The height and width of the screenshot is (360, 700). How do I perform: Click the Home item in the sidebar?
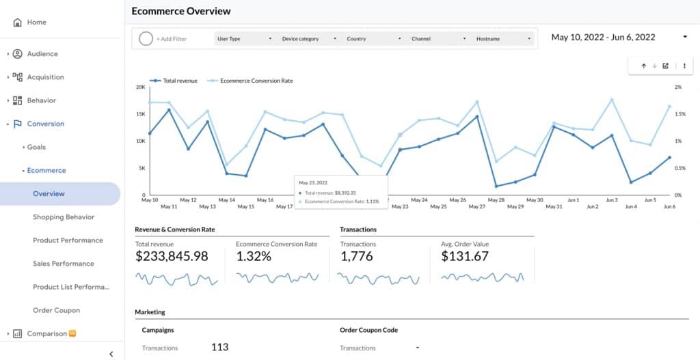pyautogui.click(x=36, y=23)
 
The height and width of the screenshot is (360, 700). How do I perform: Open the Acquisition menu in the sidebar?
pyautogui.click(x=45, y=77)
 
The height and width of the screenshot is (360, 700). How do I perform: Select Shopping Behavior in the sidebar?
pyautogui.click(x=64, y=217)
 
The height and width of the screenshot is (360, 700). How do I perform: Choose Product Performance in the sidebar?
pyautogui.click(x=68, y=240)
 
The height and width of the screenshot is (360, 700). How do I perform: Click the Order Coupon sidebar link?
pyautogui.click(x=56, y=310)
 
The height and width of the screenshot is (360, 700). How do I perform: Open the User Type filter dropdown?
pyautogui.click(x=244, y=39)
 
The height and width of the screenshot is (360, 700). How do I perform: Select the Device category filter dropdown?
pyautogui.click(x=309, y=39)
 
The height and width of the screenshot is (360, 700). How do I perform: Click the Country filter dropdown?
pyautogui.click(x=373, y=39)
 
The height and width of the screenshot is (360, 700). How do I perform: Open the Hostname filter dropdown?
pyautogui.click(x=503, y=39)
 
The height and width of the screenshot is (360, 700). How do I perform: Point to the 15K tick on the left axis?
pyautogui.click(x=139, y=114)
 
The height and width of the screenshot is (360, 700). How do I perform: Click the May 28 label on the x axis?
pyautogui.click(x=496, y=200)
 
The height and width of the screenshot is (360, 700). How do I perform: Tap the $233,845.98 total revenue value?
pyautogui.click(x=172, y=257)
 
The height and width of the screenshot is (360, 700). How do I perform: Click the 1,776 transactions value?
pyautogui.click(x=356, y=257)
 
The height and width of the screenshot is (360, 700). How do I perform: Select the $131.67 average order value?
pyautogui.click(x=466, y=257)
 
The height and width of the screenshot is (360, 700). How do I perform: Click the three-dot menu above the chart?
pyautogui.click(x=684, y=66)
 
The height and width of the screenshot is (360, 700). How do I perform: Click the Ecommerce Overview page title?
pyautogui.click(x=181, y=11)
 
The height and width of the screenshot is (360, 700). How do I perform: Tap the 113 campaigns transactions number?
pyautogui.click(x=219, y=347)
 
